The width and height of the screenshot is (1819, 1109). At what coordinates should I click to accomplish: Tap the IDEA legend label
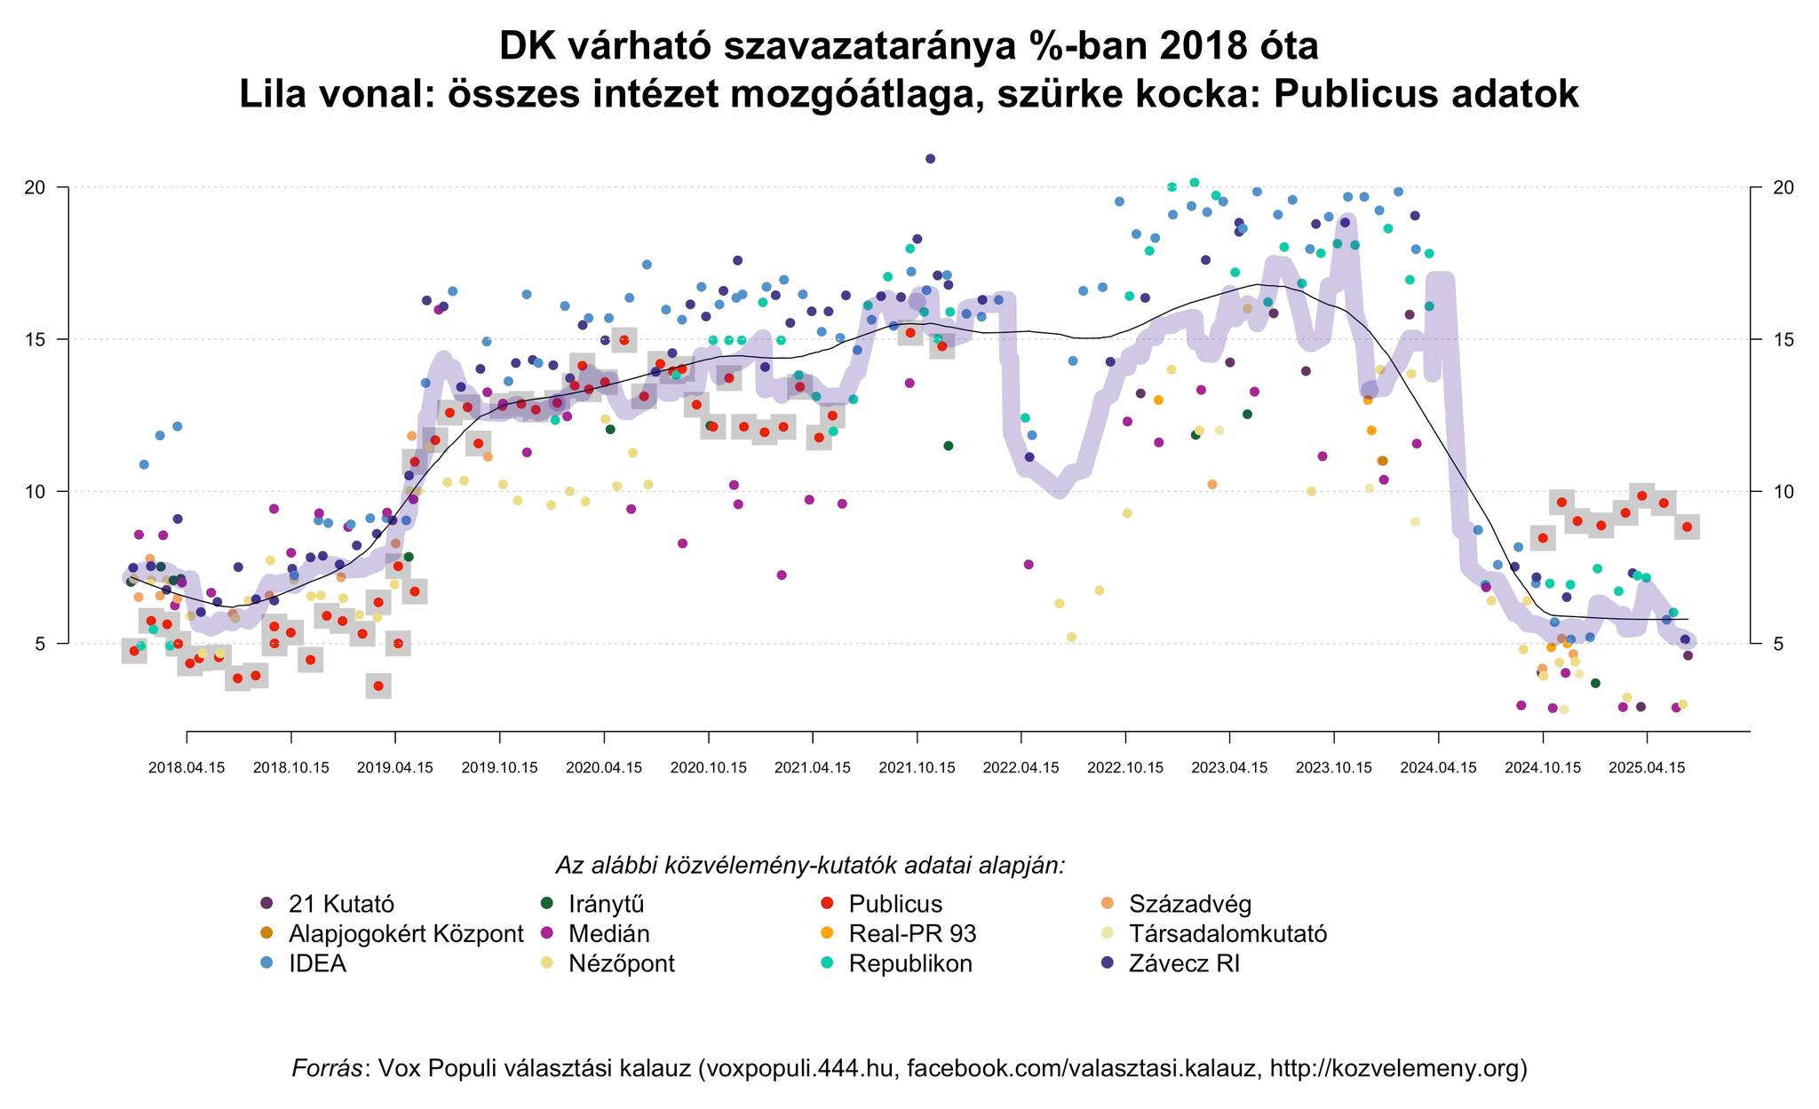(316, 963)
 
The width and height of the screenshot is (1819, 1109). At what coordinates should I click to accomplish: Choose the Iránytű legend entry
(606, 904)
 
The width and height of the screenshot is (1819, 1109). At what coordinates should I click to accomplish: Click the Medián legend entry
(608, 933)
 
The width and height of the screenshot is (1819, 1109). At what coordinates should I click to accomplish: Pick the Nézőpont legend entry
(621, 963)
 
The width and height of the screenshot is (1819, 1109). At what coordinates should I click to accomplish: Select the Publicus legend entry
(894, 904)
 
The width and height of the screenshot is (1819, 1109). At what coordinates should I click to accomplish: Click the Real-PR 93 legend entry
(911, 933)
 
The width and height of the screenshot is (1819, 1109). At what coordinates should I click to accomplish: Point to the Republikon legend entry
(909, 963)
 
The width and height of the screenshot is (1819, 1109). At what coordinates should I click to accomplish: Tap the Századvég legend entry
(1189, 904)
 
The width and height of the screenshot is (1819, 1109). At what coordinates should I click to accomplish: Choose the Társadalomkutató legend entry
(1227, 933)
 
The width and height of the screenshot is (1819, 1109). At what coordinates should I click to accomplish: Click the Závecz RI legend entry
(1183, 963)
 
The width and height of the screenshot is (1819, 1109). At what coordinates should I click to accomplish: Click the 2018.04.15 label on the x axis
(187, 768)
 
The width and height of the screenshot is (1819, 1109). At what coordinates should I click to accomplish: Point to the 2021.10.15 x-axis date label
(917, 768)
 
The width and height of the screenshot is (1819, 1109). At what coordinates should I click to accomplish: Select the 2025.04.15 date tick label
(1647, 768)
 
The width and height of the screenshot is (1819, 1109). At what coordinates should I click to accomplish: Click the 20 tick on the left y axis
(35, 187)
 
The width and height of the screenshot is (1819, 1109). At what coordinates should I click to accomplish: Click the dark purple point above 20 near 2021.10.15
(930, 159)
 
